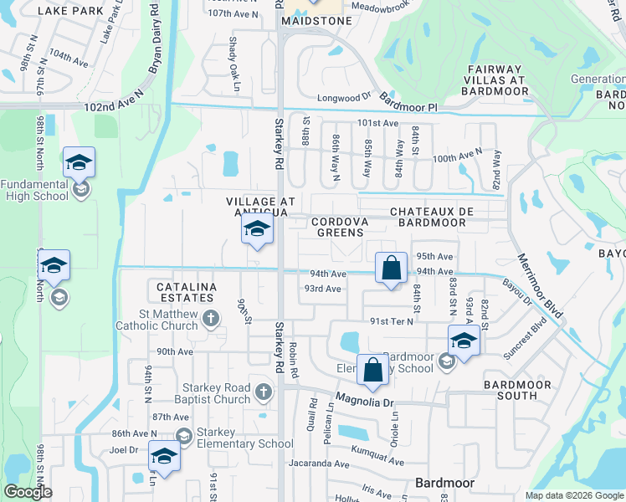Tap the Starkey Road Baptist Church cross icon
263,391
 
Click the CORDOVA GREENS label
340,227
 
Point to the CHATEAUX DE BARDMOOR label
431,218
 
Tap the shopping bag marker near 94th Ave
391,269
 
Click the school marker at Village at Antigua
258,230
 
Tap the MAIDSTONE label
316,20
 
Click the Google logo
28,492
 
